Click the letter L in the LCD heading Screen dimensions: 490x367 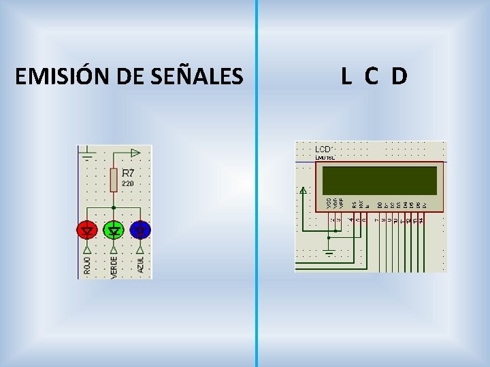pos(346,77)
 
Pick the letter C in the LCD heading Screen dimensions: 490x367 pos(371,77)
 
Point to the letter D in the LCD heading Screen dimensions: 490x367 pos(399,77)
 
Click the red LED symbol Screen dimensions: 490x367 pos(87,230)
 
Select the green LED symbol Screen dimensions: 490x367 pos(114,230)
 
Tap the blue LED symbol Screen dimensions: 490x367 pos(140,230)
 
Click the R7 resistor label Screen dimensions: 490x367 pos(128,173)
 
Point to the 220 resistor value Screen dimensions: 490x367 pos(127,183)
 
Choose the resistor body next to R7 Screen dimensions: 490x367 pos(114,179)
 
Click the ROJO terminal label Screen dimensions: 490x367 pos(87,265)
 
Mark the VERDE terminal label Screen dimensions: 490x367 pos(114,265)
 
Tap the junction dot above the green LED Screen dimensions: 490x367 pos(114,207)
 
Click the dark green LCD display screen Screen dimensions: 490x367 pos(379,180)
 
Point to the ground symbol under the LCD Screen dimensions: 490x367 pos(329,254)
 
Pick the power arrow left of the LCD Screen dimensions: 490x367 pos(303,191)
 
